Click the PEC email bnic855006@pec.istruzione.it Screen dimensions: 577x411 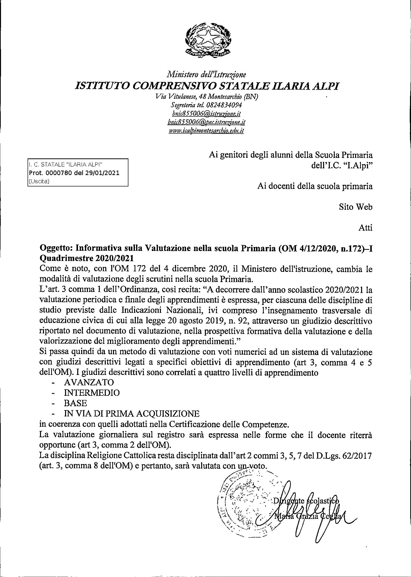click(206, 122)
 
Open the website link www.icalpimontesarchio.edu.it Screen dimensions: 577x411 click(206, 131)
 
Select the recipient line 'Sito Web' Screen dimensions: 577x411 click(356, 207)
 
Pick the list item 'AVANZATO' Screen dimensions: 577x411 click(85, 382)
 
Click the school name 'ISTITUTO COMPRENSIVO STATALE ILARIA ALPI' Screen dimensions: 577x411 click(206, 86)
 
